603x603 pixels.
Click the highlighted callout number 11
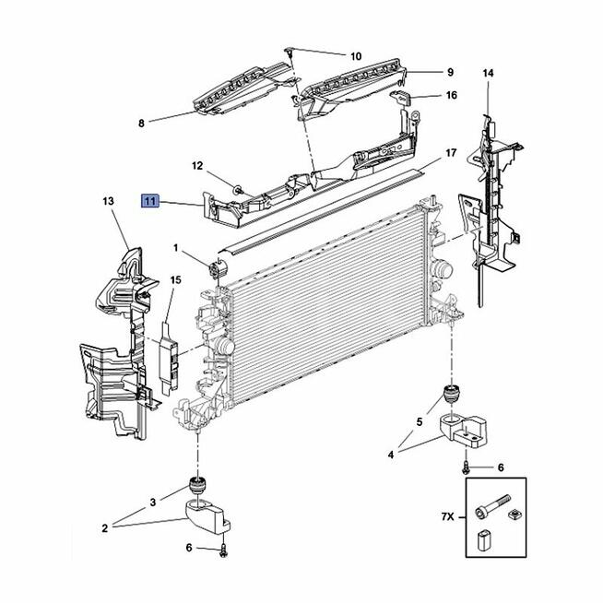(x=150, y=200)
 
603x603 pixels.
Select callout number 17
(x=450, y=153)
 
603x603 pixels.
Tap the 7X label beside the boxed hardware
(x=447, y=516)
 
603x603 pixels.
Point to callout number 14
(x=488, y=73)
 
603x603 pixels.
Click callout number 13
(x=109, y=201)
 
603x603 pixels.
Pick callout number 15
(x=175, y=280)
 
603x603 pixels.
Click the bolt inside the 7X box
(x=492, y=505)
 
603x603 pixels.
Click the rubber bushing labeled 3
(x=199, y=484)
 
